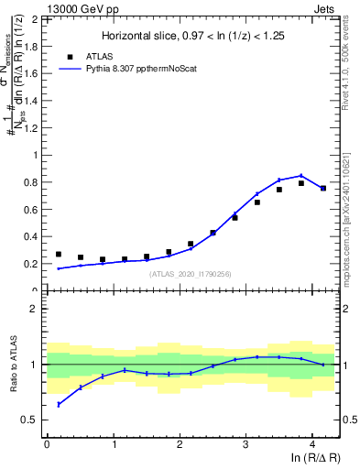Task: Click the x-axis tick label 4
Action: click(312, 442)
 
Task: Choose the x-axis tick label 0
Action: click(47, 442)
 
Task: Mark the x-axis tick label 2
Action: click(180, 442)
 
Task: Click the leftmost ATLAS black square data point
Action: click(59, 255)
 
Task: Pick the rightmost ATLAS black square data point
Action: click(323, 189)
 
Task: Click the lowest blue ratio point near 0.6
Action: click(59, 404)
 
